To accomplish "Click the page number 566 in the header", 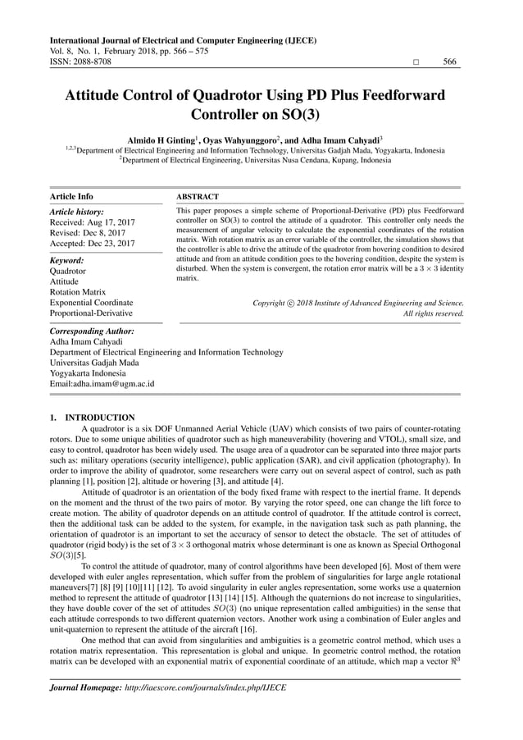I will [x=450, y=62].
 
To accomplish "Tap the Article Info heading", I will [x=71, y=197].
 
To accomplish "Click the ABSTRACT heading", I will [x=198, y=197].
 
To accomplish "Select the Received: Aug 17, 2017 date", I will [x=93, y=222].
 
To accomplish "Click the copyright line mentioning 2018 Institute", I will [x=357, y=303].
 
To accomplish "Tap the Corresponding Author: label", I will [x=92, y=331].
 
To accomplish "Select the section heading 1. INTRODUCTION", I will [x=93, y=418].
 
